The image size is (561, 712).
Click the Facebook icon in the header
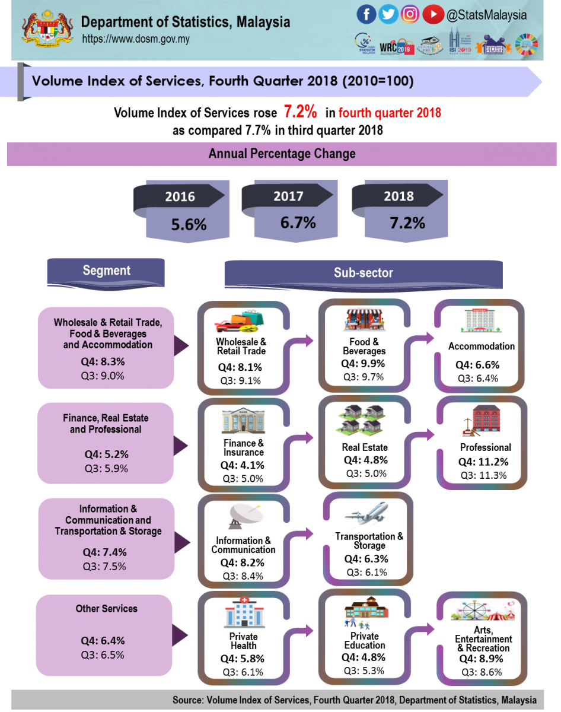(x=366, y=14)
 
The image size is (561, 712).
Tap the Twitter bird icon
(x=388, y=14)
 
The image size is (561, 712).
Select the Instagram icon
(x=410, y=14)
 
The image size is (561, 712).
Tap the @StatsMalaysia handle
(x=487, y=15)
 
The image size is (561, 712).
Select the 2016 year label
(x=180, y=197)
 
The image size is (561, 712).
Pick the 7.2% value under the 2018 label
(x=407, y=223)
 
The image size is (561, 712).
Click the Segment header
(x=106, y=271)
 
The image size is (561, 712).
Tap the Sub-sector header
(x=363, y=273)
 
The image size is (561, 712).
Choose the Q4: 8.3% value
(x=104, y=361)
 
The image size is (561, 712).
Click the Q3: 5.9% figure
(x=105, y=468)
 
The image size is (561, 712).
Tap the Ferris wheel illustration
(x=474, y=609)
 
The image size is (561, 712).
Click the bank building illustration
(x=243, y=421)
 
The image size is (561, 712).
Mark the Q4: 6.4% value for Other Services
(x=103, y=641)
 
